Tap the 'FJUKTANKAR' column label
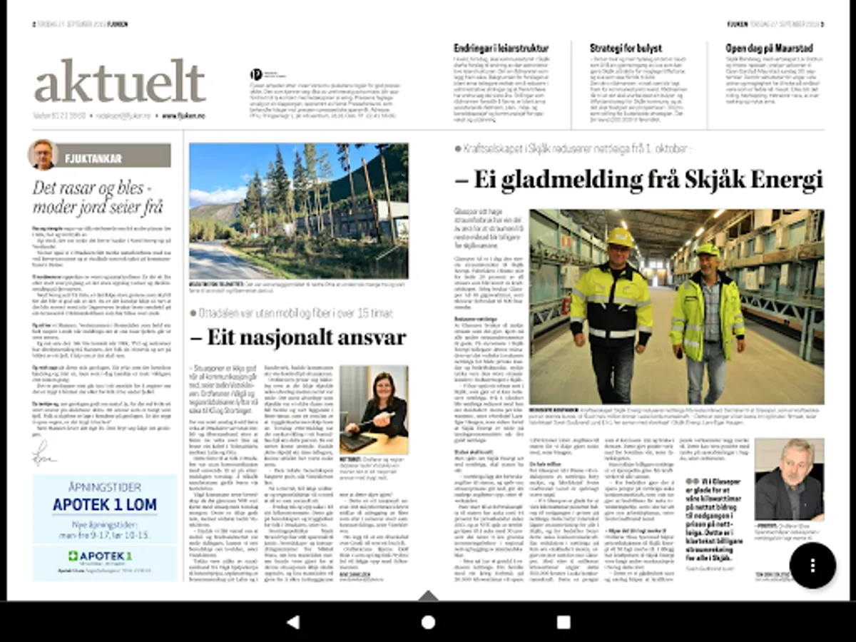pyautogui.click(x=93, y=158)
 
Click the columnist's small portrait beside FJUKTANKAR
pyautogui.click(x=43, y=155)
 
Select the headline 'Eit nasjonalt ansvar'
pyautogui.click(x=297, y=337)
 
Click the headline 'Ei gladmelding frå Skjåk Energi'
pyautogui.click(x=639, y=179)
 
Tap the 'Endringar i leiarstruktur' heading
pyautogui.click(x=501, y=49)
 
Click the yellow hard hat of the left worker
pyautogui.click(x=619, y=238)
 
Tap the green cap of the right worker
pyautogui.click(x=708, y=250)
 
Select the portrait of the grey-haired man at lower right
pyautogui.click(x=789, y=480)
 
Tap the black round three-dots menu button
pyautogui.click(x=812, y=565)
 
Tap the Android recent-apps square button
pyautogui.click(x=564, y=622)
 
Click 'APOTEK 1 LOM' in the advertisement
pyautogui.click(x=105, y=505)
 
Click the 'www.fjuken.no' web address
pyautogui.click(x=183, y=116)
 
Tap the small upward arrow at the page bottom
pyautogui.click(x=428, y=595)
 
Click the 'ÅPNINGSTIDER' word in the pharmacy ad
pyautogui.click(x=105, y=487)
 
